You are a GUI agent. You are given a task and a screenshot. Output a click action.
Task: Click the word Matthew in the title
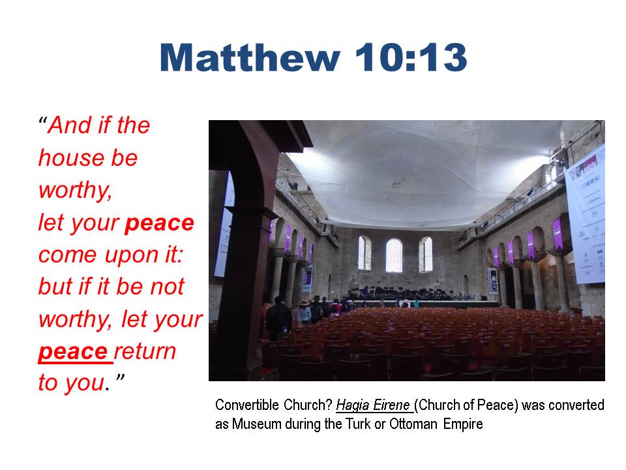(x=250, y=57)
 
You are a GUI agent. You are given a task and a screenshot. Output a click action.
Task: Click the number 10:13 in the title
(x=411, y=57)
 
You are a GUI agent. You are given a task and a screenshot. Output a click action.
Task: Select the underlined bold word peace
(x=72, y=351)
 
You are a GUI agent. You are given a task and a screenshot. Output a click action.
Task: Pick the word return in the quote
(x=145, y=351)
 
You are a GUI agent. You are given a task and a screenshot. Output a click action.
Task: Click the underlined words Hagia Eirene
(x=372, y=405)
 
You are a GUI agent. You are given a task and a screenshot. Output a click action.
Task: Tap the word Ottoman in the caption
(x=413, y=424)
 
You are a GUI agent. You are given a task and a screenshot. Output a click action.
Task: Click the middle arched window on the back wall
(x=394, y=255)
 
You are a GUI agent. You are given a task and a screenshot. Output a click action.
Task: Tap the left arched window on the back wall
(x=365, y=253)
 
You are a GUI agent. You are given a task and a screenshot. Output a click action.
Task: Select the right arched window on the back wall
(x=426, y=254)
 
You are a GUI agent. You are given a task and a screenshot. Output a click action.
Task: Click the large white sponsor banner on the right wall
(x=586, y=215)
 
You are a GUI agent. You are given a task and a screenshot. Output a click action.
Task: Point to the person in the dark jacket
(x=278, y=319)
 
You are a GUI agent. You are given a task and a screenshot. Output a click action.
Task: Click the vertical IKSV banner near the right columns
(x=493, y=281)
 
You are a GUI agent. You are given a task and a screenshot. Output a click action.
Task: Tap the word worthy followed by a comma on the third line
(x=76, y=190)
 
